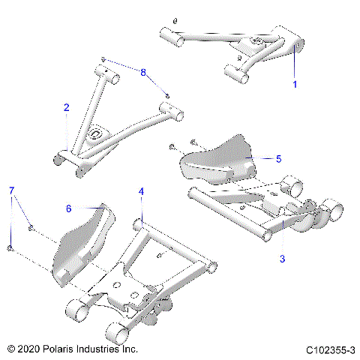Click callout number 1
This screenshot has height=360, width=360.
click(295, 85)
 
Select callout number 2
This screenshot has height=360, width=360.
click(67, 108)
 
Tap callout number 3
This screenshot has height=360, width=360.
click(282, 259)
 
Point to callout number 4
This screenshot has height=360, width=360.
click(140, 192)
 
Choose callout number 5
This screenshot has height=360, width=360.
click(278, 158)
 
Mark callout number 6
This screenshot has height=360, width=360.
click(69, 208)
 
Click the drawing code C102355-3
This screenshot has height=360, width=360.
click(330, 350)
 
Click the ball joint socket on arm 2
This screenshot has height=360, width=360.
click(95, 134)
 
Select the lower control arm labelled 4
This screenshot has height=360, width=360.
click(150, 277)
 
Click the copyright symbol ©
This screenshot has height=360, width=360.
click(10, 350)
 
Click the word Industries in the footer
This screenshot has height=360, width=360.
click(112, 350)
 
